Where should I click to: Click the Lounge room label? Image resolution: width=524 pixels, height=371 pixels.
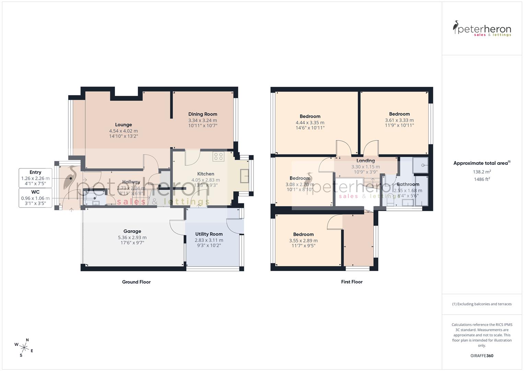[123, 125]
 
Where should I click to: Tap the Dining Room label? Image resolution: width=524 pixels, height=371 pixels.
[202, 114]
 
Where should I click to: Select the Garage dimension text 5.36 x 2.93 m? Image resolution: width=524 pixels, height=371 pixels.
[132, 237]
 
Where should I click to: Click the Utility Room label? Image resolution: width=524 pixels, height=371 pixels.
[209, 234]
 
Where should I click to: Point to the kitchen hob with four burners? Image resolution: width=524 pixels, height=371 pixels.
[219, 157]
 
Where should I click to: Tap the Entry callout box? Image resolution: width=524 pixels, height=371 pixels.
[35, 178]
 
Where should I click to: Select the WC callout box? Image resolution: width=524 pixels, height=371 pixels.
[35, 198]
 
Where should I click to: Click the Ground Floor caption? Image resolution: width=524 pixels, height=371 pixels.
[136, 282]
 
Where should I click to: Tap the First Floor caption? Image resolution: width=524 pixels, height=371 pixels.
[352, 282]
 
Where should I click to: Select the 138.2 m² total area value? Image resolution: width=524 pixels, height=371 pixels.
[482, 172]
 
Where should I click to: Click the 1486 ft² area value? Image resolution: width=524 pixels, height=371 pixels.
[482, 179]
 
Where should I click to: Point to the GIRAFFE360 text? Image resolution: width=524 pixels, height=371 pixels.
[482, 356]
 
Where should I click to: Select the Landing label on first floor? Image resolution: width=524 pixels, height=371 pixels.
[365, 160]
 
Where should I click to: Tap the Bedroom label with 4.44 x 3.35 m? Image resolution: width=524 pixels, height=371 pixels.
[310, 116]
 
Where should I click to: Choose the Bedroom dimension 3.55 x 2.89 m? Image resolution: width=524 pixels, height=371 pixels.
[303, 240]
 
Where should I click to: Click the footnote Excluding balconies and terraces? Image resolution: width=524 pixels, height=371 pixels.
[482, 304]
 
